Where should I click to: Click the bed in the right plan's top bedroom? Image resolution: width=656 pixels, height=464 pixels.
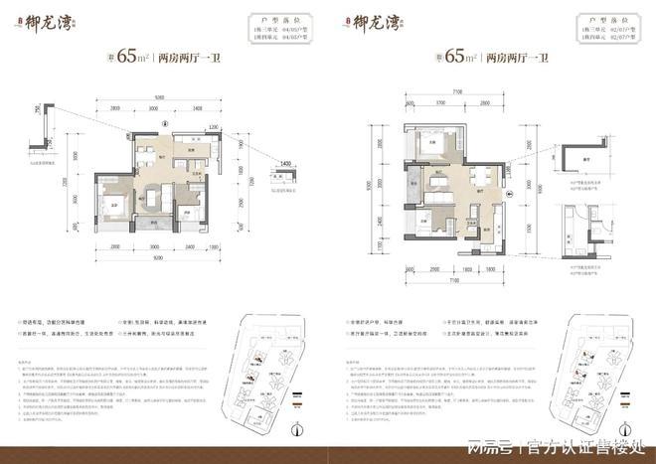point(436,143)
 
